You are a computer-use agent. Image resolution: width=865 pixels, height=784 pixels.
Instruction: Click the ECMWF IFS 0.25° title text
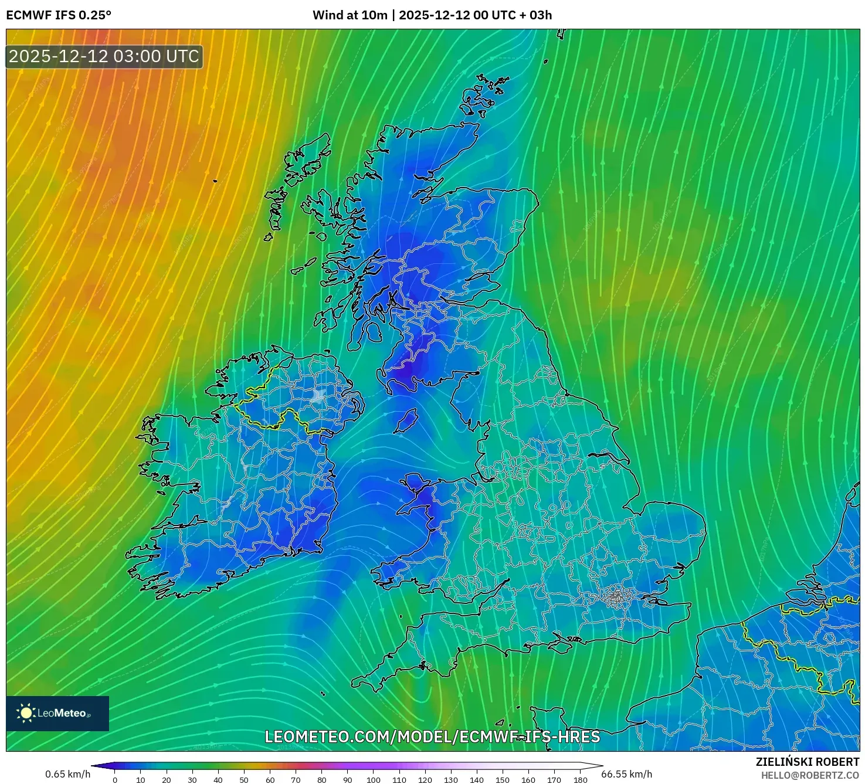pos(58,15)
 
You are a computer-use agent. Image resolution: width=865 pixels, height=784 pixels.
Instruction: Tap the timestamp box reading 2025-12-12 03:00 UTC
pos(104,57)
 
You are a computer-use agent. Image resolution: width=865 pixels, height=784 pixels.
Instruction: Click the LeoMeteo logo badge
pos(57,713)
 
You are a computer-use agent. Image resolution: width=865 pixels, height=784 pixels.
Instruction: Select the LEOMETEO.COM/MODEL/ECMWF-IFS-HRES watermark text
pos(432,737)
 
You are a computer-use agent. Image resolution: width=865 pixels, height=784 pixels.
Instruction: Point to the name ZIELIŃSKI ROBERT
pos(807,762)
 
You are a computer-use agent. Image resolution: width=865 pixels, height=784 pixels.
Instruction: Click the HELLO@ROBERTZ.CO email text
pos(810,775)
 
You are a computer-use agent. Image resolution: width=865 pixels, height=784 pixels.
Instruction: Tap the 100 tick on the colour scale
pos(374,780)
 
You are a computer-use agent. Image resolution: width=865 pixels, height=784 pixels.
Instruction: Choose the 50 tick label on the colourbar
pos(244,780)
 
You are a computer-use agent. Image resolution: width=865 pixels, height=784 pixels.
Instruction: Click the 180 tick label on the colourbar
pos(580,780)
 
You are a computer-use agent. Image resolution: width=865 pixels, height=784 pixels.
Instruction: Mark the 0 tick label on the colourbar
pos(115,780)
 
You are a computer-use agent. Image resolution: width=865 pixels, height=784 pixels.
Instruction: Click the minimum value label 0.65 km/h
pos(67,774)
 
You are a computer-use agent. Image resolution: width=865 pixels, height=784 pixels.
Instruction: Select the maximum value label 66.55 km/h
pos(627,774)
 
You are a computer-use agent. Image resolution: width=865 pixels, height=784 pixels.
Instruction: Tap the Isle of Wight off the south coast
pos(548,646)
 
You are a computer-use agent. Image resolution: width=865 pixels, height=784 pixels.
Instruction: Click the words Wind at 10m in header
pos(350,15)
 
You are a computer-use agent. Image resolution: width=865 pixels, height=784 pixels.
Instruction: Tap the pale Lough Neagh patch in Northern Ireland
pos(319,396)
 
